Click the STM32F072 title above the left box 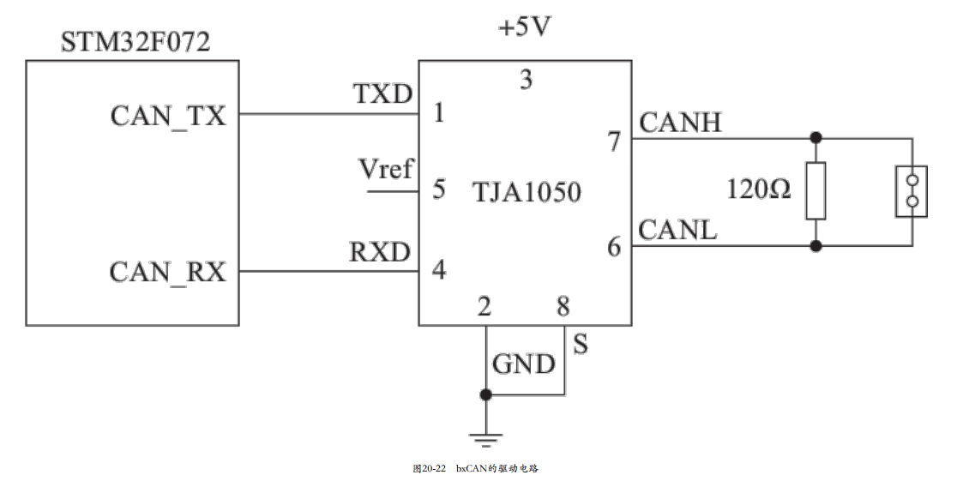click(135, 42)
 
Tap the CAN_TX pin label click(168, 116)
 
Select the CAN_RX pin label click(168, 272)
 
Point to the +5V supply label click(525, 27)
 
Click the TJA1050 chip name click(527, 192)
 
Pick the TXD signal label click(382, 94)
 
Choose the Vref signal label click(386, 169)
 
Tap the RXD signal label click(380, 252)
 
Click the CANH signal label click(681, 123)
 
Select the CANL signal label click(677, 231)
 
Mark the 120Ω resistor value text click(759, 189)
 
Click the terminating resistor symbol click(816, 191)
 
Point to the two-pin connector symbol click(912, 191)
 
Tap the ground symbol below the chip click(486, 439)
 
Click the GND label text click(524, 364)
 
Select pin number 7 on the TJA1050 click(615, 141)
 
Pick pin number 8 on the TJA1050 click(563, 305)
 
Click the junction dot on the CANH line click(816, 137)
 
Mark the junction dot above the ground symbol click(486, 394)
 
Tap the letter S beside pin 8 click(581, 344)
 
